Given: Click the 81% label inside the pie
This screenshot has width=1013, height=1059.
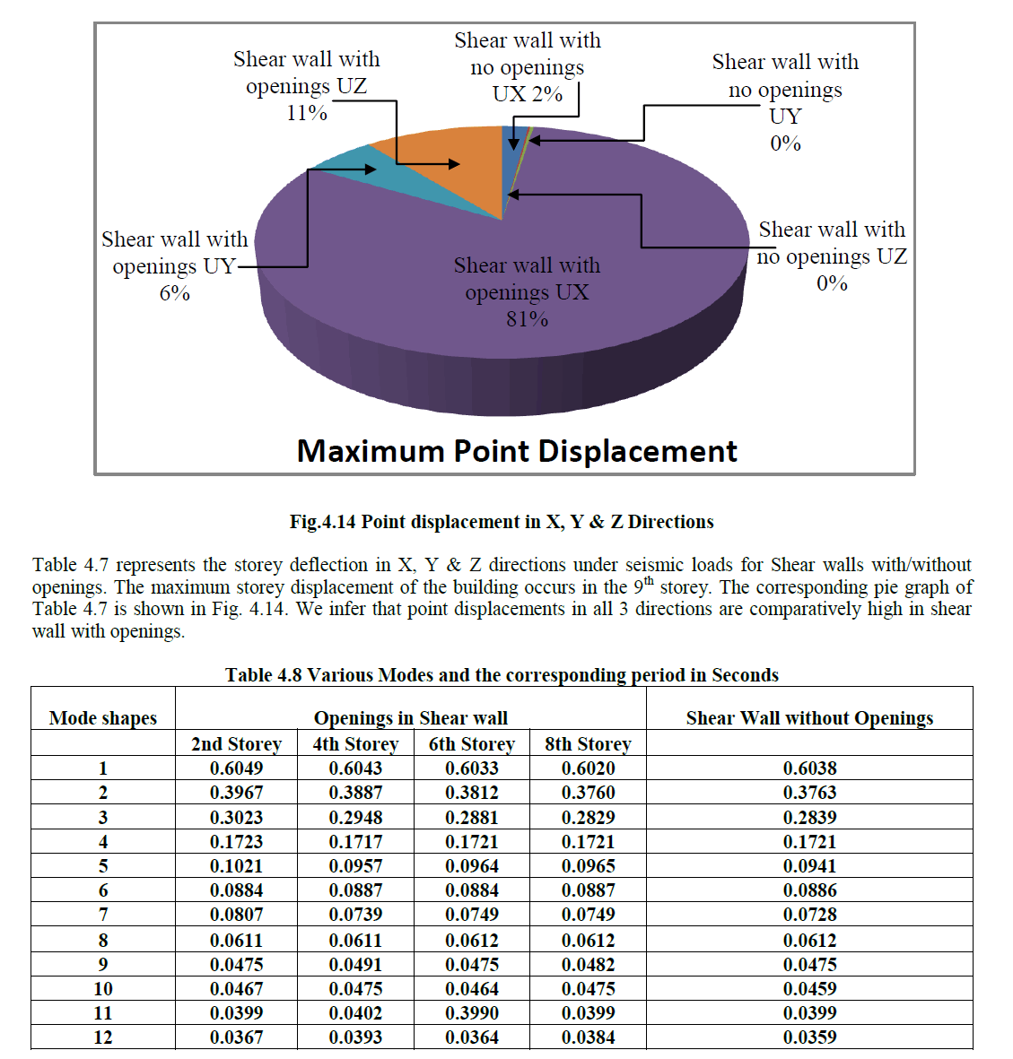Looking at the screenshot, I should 527,319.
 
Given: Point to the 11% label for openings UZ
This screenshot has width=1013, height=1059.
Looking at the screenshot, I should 306,113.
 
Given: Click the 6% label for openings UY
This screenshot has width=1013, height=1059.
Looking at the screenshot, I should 174,293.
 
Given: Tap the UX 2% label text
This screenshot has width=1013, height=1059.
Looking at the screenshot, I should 527,94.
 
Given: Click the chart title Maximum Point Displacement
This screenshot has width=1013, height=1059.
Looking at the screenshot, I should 517,451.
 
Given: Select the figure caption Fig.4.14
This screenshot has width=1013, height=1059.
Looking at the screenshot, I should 502,522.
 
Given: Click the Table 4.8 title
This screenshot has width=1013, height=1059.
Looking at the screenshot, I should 502,675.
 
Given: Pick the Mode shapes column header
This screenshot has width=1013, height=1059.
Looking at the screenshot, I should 103,718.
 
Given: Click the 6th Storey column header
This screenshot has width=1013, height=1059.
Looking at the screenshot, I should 472,744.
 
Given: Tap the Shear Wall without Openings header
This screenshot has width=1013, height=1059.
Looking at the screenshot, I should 809,718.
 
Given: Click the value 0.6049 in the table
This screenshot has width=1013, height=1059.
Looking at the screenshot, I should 237,768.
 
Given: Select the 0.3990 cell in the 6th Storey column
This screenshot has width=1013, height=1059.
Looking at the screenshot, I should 472,1013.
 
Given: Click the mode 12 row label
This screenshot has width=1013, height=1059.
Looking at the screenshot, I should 103,1037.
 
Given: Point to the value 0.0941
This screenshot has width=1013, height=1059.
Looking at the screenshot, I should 809,866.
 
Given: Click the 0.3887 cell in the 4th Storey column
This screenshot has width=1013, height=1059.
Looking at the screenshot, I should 355,793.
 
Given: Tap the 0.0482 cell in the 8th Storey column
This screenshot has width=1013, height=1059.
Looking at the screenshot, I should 589,965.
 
